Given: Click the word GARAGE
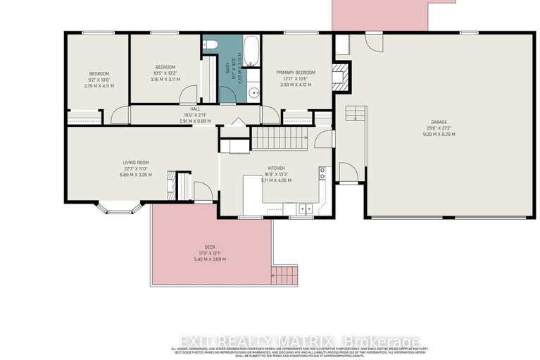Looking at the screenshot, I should [439, 122].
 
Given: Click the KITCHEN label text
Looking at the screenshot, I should [275, 168].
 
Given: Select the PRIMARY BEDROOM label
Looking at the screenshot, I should [296, 73].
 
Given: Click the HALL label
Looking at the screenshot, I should [195, 109].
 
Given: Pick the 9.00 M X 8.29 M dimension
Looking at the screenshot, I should [439, 134].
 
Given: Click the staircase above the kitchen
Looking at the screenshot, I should [280, 137].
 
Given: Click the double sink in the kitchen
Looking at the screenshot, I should [304, 208].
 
